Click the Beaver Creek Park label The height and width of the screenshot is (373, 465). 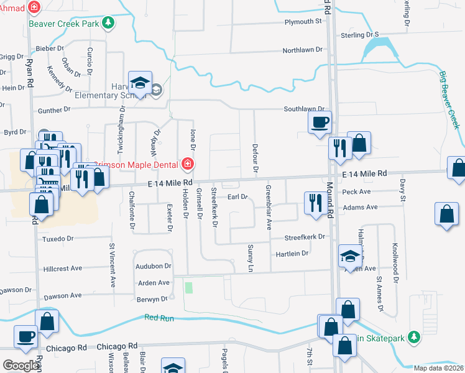pos(63,23)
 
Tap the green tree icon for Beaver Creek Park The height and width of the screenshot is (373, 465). pos(109,23)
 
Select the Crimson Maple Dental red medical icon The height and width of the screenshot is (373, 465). pos(187,165)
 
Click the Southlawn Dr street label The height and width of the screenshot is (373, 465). pos(305,109)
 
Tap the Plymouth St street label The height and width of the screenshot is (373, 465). pos(302,21)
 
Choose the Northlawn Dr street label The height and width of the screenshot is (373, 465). pos(303,50)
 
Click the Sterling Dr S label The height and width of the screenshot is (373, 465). pos(359,35)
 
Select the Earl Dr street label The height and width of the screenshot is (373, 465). pos(237,197)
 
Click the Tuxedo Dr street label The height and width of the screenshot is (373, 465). pos(57,238)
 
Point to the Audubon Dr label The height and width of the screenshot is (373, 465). pos(153,266)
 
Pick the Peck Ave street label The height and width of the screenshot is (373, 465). pos(356,191)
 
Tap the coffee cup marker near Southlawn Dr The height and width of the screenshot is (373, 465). pos(320,122)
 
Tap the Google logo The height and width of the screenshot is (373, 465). pos(21,366)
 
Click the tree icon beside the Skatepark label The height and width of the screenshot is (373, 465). pos(412,338)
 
